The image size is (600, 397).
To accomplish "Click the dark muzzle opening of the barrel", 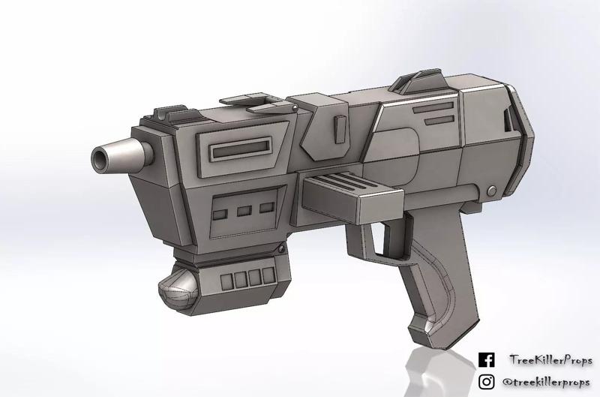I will coord(100,157).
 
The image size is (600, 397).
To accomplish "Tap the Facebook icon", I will coord(486,360).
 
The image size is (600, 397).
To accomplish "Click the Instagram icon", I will coord(486,381).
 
